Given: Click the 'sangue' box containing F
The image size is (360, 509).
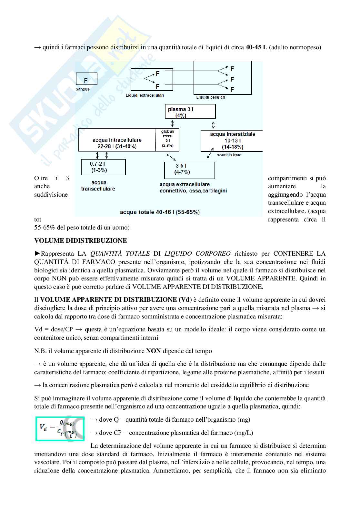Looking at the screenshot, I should (x=86, y=79).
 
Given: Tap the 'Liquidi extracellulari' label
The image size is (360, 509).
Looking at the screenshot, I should (x=145, y=95).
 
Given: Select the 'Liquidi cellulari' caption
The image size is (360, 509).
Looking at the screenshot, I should (x=211, y=97).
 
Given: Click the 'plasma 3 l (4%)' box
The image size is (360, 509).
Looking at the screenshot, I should (x=190, y=112).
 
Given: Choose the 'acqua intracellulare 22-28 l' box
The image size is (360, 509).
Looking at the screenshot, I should (x=117, y=143).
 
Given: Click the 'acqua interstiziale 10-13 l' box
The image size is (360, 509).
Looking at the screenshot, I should (x=232, y=141).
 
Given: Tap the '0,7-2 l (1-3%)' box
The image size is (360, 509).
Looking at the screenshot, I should (x=103, y=167).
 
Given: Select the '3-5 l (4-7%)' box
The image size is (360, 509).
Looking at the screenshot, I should (x=189, y=170).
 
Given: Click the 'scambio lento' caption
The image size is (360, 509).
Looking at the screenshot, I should (x=229, y=155).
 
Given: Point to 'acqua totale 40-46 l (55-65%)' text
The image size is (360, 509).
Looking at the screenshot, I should (x=160, y=212).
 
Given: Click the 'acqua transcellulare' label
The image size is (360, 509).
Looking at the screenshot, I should (x=98, y=186).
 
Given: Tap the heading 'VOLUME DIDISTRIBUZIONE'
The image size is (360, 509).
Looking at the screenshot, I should (x=81, y=241).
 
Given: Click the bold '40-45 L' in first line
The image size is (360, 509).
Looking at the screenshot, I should (x=256, y=47).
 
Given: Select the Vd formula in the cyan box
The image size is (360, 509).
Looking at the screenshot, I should (x=60, y=429).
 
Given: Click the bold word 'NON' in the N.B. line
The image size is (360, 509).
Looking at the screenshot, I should (x=153, y=351).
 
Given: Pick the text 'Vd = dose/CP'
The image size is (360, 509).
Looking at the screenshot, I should (x=54, y=329).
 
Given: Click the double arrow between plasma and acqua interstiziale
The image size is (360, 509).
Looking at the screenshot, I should (x=213, y=124).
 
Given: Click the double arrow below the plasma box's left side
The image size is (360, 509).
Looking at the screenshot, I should (x=173, y=123).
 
